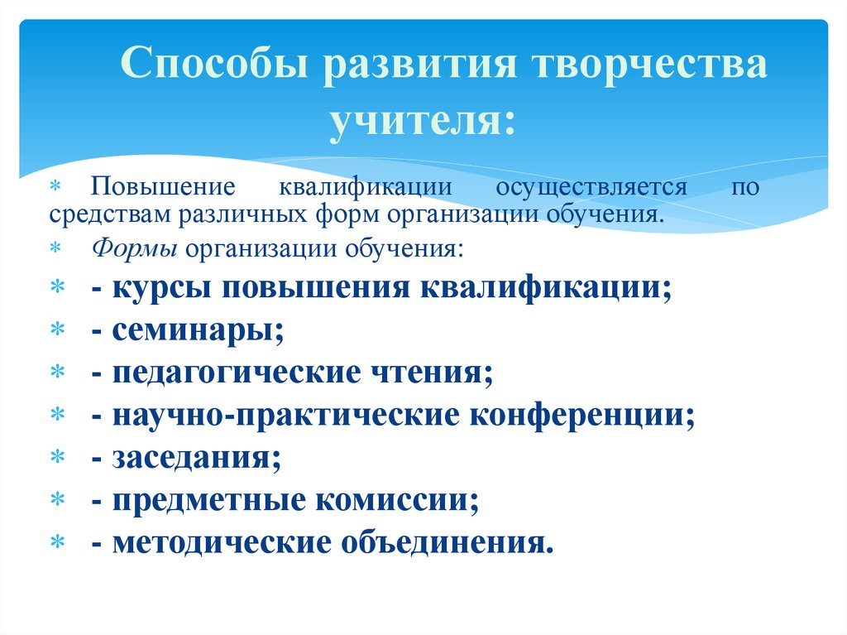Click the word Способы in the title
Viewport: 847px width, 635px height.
(214, 65)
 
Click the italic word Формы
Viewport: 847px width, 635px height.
(135, 248)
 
